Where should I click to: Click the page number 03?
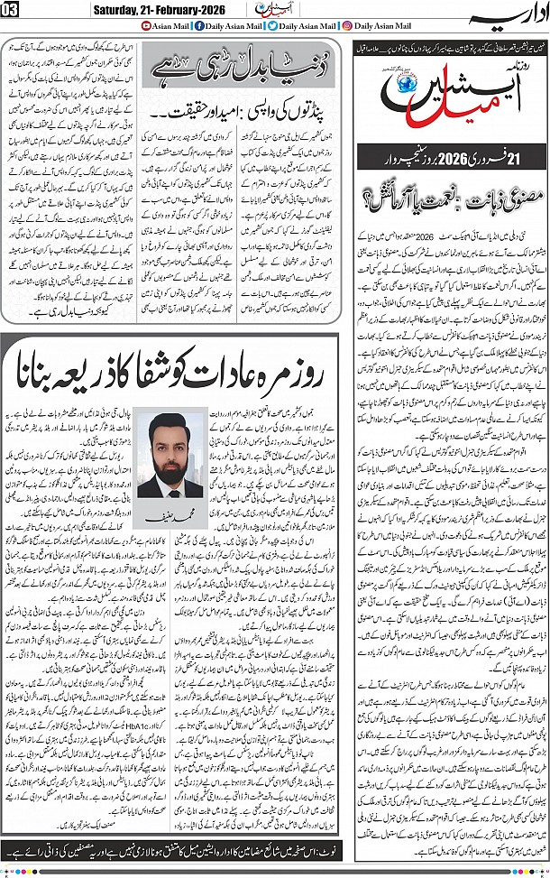pos(11,10)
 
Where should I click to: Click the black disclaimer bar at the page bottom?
pos(274,849)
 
